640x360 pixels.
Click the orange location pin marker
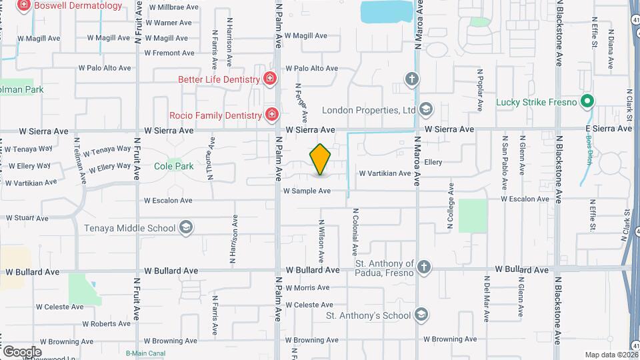[321, 160]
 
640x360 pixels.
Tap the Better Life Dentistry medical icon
[269, 79]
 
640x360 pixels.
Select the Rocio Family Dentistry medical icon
[271, 115]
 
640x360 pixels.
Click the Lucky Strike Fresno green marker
[587, 103]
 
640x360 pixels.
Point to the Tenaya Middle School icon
[186, 228]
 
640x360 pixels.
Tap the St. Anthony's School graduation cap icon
[421, 315]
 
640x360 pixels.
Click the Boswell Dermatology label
[79, 6]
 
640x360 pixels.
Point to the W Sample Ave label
[307, 191]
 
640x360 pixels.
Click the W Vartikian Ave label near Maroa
[385, 173]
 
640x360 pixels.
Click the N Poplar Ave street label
[479, 89]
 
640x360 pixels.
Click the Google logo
[22, 351]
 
